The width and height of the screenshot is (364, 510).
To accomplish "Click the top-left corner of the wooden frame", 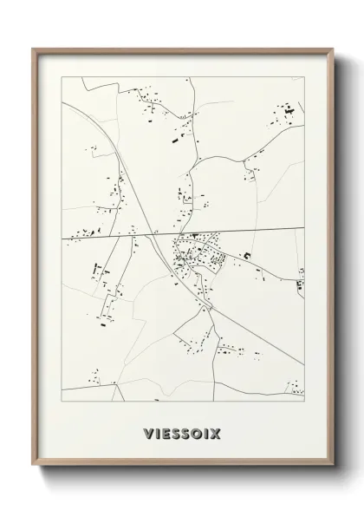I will (x=33, y=49).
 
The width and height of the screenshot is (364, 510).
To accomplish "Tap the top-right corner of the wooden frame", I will (x=333, y=49).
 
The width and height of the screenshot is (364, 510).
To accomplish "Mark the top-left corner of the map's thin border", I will (x=62, y=77).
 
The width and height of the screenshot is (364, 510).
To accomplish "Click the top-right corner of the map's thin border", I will (x=304, y=77).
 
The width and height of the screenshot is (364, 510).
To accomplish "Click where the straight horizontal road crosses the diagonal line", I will (x=153, y=234).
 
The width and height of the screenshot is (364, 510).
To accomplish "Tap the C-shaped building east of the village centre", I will (x=245, y=255).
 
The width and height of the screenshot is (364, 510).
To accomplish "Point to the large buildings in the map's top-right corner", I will (x=284, y=113).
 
